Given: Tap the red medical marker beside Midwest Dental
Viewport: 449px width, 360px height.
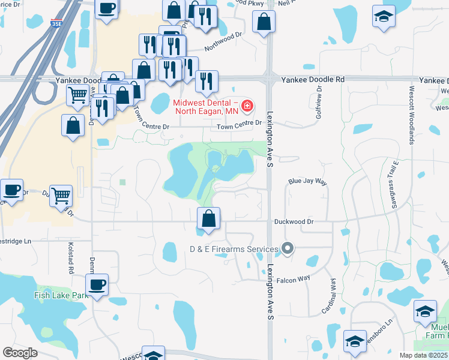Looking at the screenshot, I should tap(246, 107).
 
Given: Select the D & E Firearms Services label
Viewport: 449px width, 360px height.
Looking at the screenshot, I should tap(234, 248).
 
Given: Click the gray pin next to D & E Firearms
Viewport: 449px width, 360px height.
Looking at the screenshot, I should tap(288, 248).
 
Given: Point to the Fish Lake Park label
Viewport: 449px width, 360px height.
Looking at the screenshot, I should tap(61, 295).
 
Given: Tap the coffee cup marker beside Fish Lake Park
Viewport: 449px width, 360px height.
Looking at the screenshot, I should tap(97, 284).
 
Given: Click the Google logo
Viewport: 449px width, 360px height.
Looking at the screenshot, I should tap(20, 353).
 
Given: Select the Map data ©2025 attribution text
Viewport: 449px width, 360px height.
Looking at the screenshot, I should tap(424, 355).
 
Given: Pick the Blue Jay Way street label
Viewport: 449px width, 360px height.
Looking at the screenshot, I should tap(307, 181).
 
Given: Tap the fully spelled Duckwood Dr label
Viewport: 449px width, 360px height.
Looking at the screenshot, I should tap(294, 221).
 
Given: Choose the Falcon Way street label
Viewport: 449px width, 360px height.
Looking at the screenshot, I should tap(294, 278).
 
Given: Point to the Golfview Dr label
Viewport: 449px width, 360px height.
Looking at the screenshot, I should tap(319, 103).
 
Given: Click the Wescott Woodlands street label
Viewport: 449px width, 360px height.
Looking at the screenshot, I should tap(412, 122).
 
